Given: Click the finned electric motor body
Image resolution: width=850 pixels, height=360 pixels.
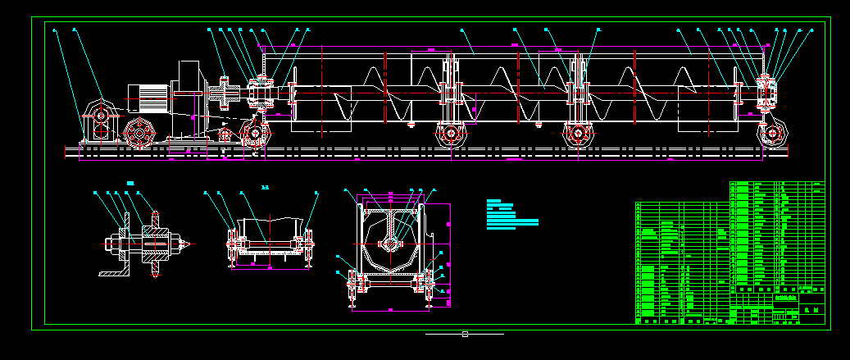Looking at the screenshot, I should tap(148, 99).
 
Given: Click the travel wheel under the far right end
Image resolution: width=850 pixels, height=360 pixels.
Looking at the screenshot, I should tap(771, 133).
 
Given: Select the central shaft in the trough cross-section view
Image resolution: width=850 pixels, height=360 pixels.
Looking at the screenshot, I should tap(391, 243).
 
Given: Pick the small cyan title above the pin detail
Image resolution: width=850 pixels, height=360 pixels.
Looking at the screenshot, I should tap(130, 181).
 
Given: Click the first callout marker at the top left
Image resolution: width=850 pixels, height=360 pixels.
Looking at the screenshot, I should tap(55, 30).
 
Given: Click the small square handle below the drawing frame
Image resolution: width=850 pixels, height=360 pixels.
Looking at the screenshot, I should tap(465, 334).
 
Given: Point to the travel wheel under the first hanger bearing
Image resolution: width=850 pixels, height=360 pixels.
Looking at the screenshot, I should tap(448, 134).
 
